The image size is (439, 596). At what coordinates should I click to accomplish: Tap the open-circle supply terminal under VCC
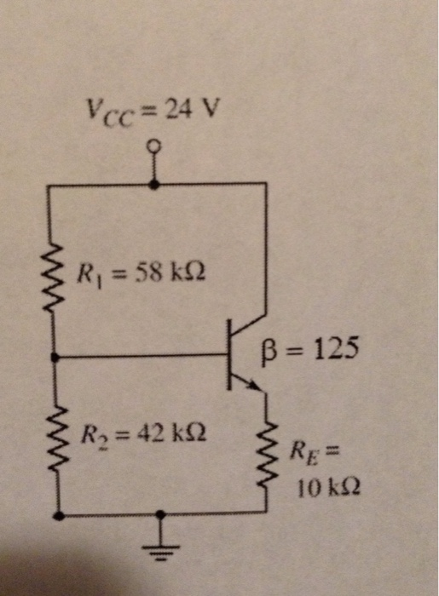[154, 146]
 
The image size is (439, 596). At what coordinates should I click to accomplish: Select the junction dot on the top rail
[154, 182]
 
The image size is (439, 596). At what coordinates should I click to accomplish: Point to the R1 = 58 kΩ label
[142, 274]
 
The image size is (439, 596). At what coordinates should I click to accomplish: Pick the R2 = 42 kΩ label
[142, 437]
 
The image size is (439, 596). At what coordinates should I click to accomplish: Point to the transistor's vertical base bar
[229, 355]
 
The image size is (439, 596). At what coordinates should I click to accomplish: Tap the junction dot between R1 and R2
[57, 356]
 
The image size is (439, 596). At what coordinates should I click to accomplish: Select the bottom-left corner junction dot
[57, 515]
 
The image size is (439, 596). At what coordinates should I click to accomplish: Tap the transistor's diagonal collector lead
[249, 327]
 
